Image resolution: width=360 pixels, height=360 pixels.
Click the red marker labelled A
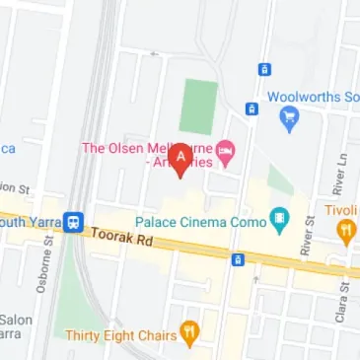(x=180, y=159)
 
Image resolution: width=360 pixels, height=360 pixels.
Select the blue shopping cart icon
(x=288, y=119)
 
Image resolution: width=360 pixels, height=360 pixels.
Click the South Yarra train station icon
(x=74, y=221)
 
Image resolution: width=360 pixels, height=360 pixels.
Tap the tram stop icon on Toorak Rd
(x=237, y=259)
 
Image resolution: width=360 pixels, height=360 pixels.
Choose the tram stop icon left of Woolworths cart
(x=252, y=108)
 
